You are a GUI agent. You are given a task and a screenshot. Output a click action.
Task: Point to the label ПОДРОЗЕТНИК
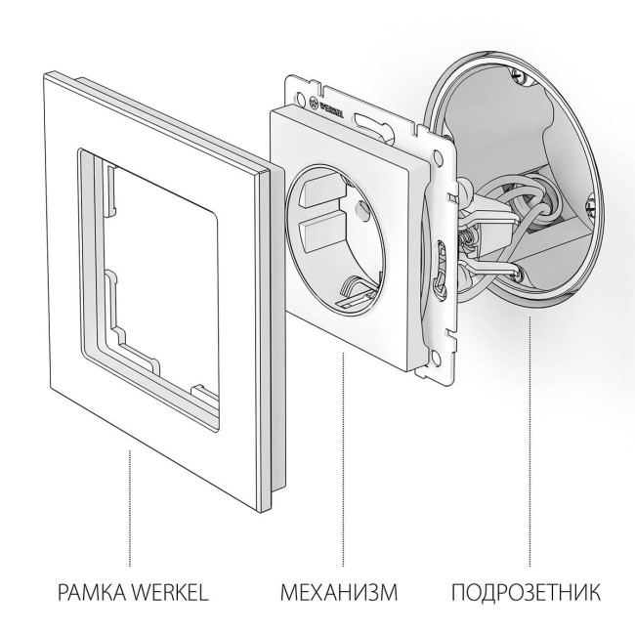(x=527, y=592)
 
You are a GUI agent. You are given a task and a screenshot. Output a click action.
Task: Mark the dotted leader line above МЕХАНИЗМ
(x=344, y=459)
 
